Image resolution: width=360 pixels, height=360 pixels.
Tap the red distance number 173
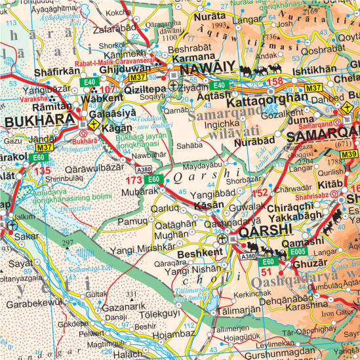pos(134,178)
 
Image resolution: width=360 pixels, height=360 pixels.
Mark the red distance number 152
pos(260,193)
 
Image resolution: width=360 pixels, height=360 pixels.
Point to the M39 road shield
pos(350,155)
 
